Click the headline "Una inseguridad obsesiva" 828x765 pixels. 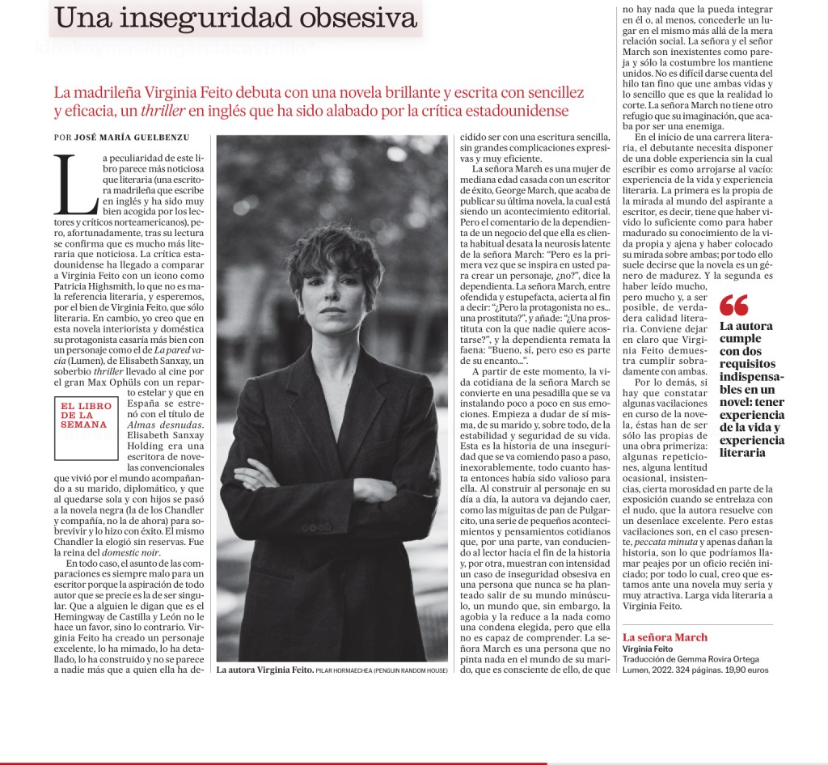pos(234,17)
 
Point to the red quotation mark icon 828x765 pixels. pos(734,306)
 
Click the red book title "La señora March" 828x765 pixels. pos(665,637)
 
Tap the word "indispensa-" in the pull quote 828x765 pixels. pos(753,375)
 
